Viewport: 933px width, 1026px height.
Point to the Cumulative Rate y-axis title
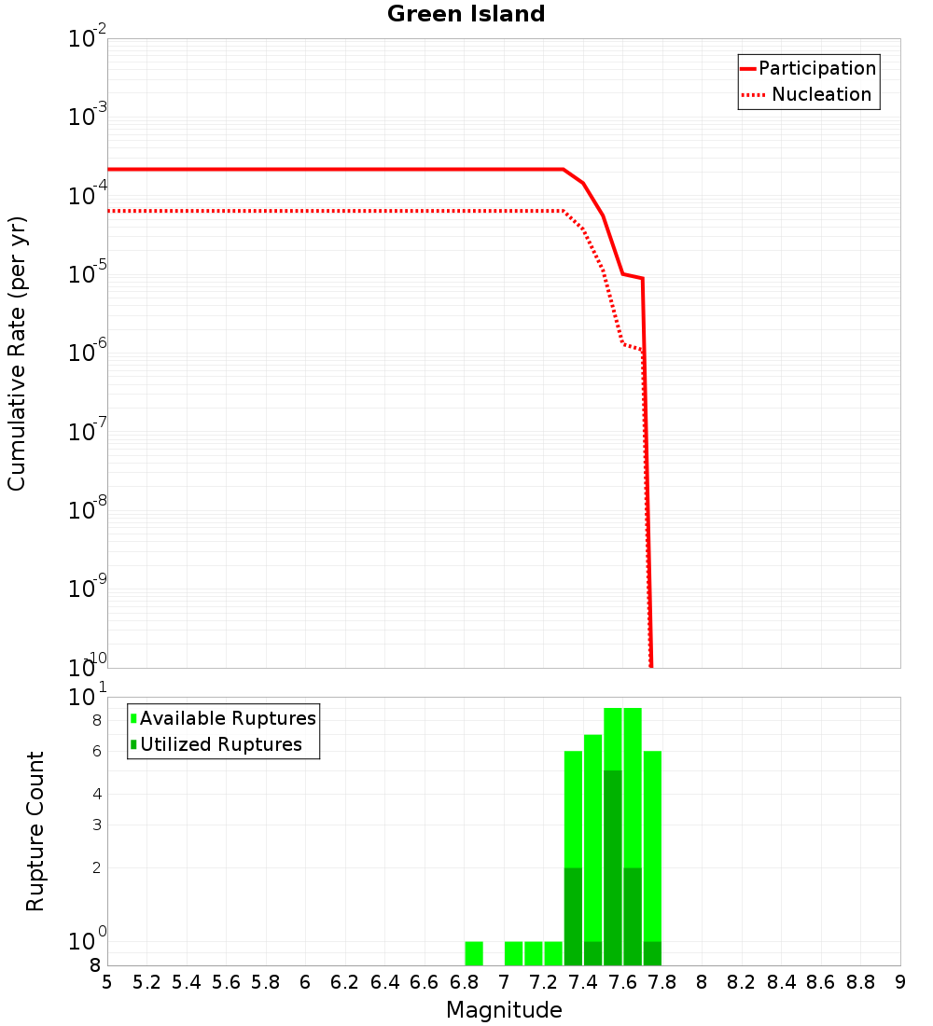click(17, 354)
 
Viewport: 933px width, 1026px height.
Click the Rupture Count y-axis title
click(35, 831)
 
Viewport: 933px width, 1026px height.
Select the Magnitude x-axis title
click(504, 1010)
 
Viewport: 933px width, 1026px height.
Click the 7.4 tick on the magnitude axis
click(583, 982)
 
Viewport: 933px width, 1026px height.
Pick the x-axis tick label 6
click(305, 982)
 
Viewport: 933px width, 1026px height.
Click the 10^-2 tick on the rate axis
click(88, 39)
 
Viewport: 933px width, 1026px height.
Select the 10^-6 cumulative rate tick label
click(88, 354)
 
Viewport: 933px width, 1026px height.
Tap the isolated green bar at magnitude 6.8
click(474, 953)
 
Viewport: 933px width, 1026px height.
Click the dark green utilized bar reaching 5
click(613, 867)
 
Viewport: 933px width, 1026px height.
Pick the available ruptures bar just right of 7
click(513, 953)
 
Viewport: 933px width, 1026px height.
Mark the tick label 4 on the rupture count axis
click(96, 794)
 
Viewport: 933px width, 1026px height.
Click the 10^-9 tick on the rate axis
click(88, 589)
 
